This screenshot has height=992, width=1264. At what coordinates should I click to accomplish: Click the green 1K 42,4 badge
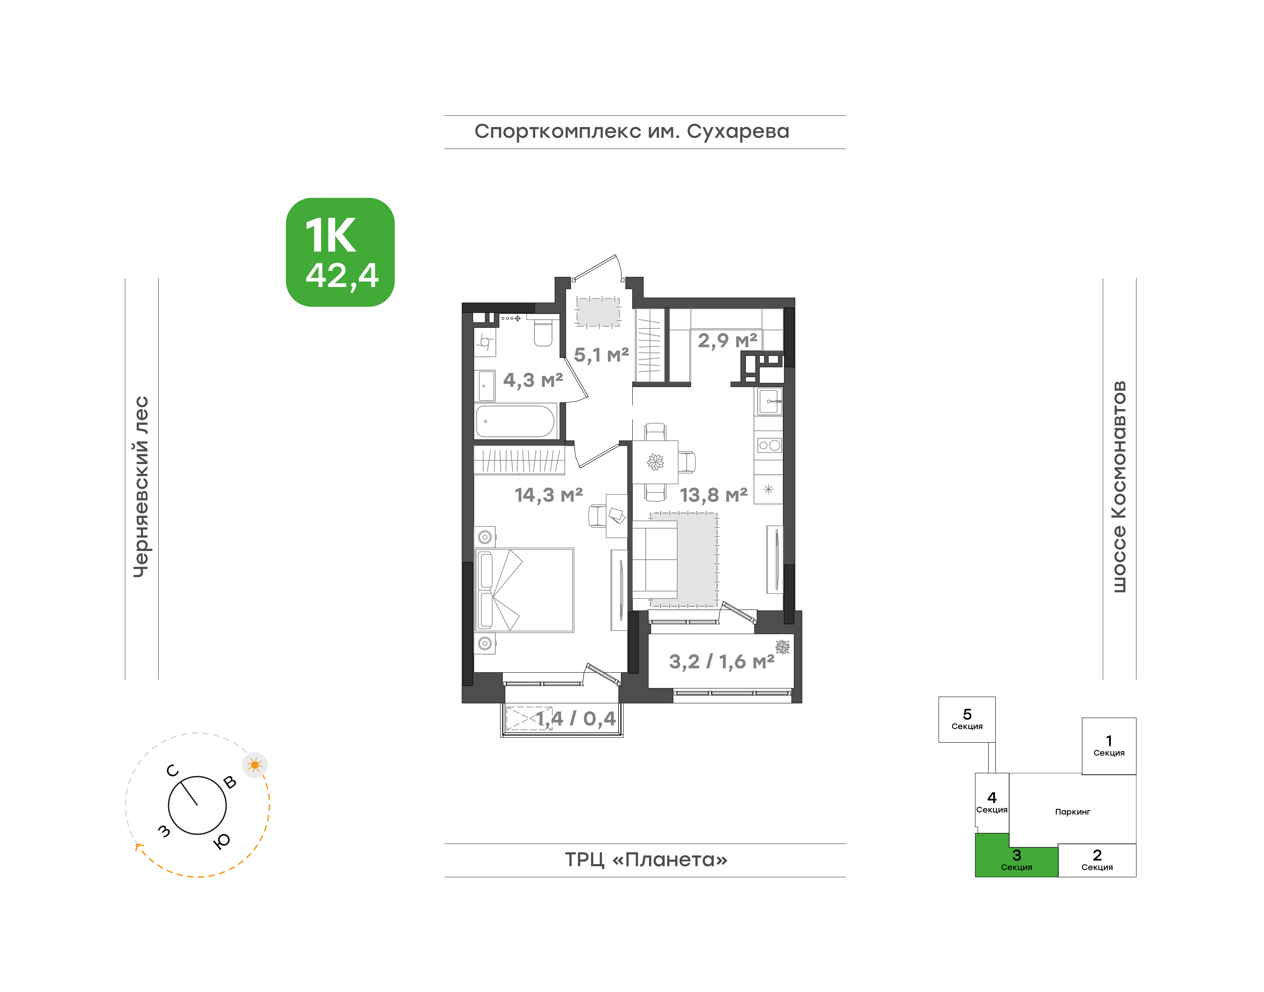tap(340, 252)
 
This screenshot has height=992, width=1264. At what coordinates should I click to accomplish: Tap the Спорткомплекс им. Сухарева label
tap(632, 132)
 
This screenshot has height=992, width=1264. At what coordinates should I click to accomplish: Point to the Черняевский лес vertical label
tap(141, 487)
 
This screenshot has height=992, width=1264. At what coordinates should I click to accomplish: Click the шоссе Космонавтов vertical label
tap(1118, 487)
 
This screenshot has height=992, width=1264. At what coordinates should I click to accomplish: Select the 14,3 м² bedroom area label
tap(549, 495)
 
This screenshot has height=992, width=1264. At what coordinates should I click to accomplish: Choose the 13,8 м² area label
tap(714, 495)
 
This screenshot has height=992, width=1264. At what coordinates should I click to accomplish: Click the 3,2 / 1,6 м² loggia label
tap(722, 662)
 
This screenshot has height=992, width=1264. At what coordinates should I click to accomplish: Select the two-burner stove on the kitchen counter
tap(769, 445)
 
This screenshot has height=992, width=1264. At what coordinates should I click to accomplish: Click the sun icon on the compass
tap(255, 765)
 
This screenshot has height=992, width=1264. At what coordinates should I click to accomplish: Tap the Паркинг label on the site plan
tap(1072, 812)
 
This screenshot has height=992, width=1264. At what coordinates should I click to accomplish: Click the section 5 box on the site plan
tap(967, 720)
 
